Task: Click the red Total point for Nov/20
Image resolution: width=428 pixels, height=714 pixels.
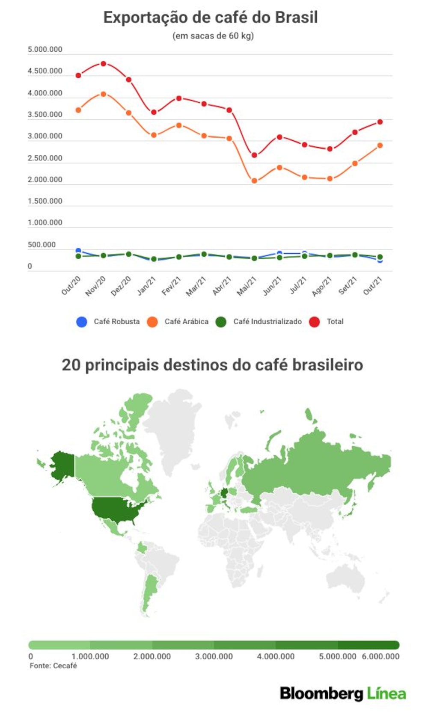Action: coord(103,64)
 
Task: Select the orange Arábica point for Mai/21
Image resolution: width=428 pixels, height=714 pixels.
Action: coord(254,181)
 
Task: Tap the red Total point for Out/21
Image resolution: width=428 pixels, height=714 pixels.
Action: coord(380,122)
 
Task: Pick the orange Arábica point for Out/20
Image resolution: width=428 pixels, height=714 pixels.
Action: coord(78,110)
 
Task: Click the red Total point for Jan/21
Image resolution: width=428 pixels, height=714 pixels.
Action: coord(154,112)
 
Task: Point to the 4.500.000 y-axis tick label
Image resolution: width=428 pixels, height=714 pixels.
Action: coord(45,71)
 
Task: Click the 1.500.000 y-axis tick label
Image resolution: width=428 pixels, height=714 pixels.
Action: coord(45,201)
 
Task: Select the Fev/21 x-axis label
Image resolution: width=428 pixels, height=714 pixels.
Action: coord(171,286)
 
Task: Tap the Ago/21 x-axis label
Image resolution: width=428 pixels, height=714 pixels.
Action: coord(322,286)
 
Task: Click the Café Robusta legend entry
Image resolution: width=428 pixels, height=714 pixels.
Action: coord(108,322)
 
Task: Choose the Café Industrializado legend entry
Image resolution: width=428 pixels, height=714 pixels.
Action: coord(259,322)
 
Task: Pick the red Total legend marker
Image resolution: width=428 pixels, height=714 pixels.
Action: coord(315,322)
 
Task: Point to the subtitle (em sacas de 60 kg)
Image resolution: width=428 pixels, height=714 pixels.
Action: coord(213,36)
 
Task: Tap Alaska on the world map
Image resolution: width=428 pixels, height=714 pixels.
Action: coord(62,465)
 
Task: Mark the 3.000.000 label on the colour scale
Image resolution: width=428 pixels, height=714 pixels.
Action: coord(214,656)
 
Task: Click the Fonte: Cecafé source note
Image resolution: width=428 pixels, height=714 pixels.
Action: coord(53,666)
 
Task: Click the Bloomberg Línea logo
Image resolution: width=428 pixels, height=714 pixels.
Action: coord(343,693)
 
